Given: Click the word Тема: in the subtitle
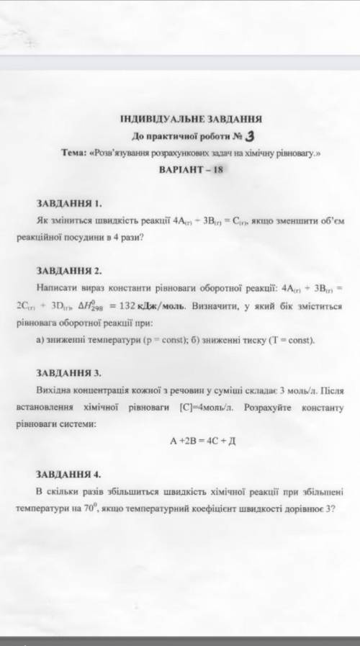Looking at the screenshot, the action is click(76, 153).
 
